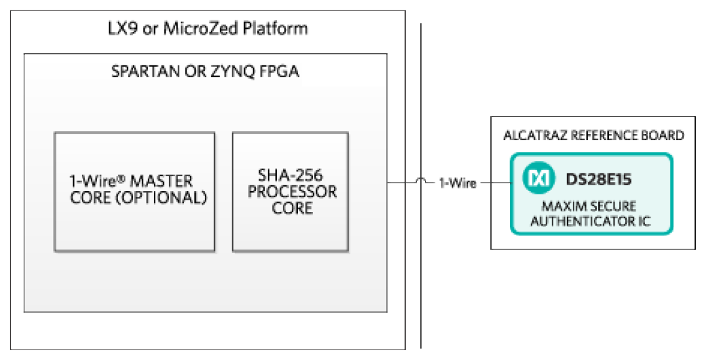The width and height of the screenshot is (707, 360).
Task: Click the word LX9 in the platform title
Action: click(122, 29)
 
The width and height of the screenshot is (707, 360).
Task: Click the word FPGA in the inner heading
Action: click(280, 72)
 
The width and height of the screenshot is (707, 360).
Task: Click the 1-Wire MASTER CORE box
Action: click(134, 192)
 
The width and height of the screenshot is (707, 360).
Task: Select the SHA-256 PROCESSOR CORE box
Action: click(290, 192)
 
